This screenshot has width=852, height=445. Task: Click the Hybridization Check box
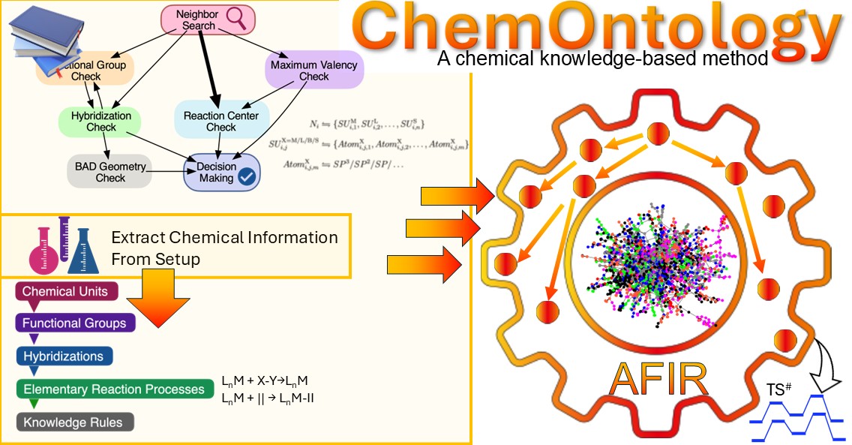(x=100, y=122)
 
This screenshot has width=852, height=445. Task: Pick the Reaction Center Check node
(x=220, y=122)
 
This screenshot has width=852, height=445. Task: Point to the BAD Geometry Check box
(x=110, y=172)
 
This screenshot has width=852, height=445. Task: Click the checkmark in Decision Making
(x=246, y=177)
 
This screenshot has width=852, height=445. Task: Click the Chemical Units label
(x=65, y=291)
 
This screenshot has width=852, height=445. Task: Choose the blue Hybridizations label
(x=63, y=356)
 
